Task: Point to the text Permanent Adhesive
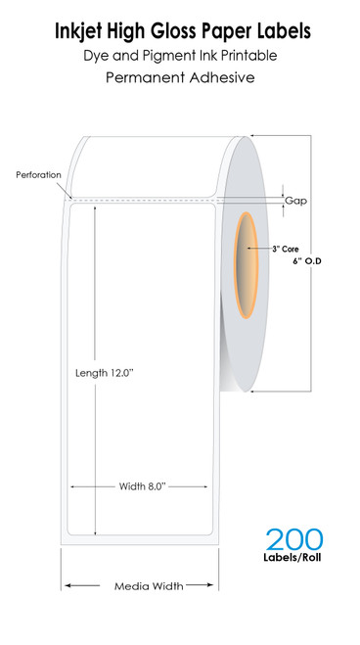180,77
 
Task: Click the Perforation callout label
38,175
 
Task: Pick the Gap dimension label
295,201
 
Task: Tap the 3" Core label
286,249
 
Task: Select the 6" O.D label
307,260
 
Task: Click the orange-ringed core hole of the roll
246,265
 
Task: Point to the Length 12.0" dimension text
105,373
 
